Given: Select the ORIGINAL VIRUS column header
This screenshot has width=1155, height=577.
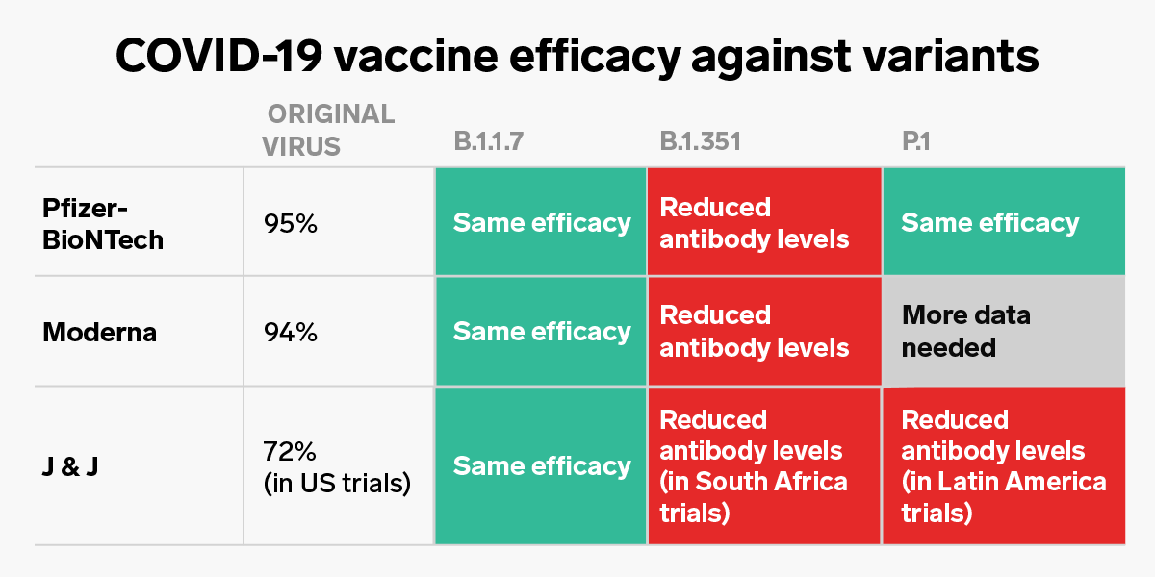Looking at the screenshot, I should pyautogui.click(x=330, y=130).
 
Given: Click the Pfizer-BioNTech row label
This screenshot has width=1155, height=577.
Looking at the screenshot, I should pyautogui.click(x=103, y=223).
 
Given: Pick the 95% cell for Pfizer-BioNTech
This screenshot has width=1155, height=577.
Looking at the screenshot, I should pyautogui.click(x=290, y=223).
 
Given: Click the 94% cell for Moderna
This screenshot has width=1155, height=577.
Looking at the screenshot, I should pyautogui.click(x=290, y=332).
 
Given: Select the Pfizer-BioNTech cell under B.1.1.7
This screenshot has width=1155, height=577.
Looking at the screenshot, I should pyautogui.click(x=541, y=223).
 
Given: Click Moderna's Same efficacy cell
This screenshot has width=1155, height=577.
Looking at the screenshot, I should pyautogui.click(x=541, y=332).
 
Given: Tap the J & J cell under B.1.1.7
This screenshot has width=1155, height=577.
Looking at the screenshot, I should pyautogui.click(x=541, y=466).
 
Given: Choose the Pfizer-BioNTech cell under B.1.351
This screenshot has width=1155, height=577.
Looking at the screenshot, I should pyautogui.click(x=764, y=223).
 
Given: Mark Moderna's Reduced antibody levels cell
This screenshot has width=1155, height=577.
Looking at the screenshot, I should pyautogui.click(x=764, y=332).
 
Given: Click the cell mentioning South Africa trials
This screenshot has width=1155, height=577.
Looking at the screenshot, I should pyautogui.click(x=764, y=466).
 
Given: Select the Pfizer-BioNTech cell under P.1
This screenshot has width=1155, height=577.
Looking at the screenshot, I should pyautogui.click(x=1003, y=223).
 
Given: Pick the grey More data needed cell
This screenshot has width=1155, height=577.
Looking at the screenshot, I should pyautogui.click(x=1003, y=332).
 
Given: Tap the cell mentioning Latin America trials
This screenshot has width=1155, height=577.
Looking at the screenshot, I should pyautogui.click(x=1003, y=466).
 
